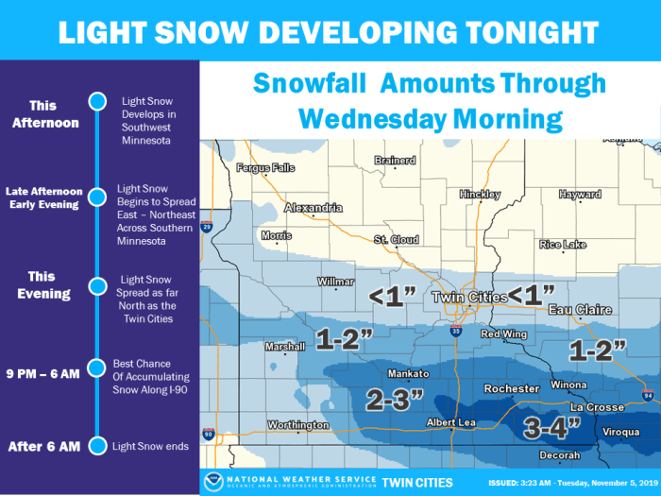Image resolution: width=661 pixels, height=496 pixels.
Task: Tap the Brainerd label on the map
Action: pyautogui.click(x=395, y=161)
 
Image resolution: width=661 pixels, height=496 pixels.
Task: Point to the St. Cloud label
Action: pyautogui.click(x=395, y=240)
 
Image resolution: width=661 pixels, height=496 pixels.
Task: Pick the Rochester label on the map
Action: pyautogui.click(x=512, y=388)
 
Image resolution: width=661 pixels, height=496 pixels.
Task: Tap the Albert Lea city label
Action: pyautogui.click(x=453, y=422)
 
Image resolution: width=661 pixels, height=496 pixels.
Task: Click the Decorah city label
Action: pyautogui.click(x=559, y=455)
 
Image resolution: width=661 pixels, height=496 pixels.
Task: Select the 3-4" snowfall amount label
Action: pyautogui.click(x=552, y=428)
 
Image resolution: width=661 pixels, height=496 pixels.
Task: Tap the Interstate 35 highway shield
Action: pyautogui.click(x=455, y=332)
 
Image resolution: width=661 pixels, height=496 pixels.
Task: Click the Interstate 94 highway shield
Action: pyautogui.click(x=647, y=395)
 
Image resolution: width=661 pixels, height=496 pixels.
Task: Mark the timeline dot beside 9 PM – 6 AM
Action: pyautogui.click(x=95, y=367)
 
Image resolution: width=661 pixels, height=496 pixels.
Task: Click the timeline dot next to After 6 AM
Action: pyautogui.click(x=95, y=446)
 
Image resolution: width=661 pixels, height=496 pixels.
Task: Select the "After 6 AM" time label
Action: pyautogui.click(x=41, y=446)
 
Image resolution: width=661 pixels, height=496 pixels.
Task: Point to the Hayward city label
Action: pyautogui.click(x=580, y=195)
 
